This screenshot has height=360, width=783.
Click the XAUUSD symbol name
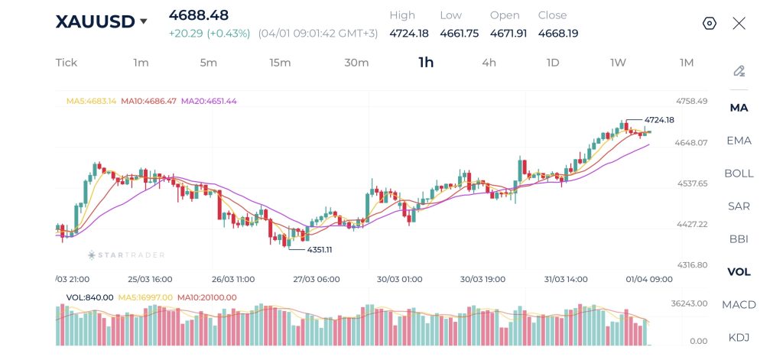[95, 21]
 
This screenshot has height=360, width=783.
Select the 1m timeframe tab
[141, 63]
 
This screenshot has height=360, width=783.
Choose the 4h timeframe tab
[489, 63]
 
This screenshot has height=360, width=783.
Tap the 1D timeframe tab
[553, 63]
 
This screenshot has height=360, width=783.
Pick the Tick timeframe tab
[67, 63]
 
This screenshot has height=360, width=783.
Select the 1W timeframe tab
[618, 63]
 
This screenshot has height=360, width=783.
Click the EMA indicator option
[739, 141]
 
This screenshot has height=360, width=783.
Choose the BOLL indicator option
[739, 174]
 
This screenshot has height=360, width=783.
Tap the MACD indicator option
[739, 305]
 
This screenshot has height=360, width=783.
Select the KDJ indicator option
[739, 337]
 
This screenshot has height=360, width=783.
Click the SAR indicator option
[739, 206]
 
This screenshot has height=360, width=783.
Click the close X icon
[739, 23]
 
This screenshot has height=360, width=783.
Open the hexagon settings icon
[709, 23]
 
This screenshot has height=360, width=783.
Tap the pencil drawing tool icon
[739, 71]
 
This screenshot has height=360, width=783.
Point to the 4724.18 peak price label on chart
[658, 120]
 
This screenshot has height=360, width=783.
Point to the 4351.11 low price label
[320, 250]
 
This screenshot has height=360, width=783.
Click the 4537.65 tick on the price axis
[692, 183]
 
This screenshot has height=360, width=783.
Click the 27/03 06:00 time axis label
[317, 280]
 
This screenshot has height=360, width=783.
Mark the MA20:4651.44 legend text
[209, 101]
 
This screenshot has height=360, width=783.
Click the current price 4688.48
[199, 15]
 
